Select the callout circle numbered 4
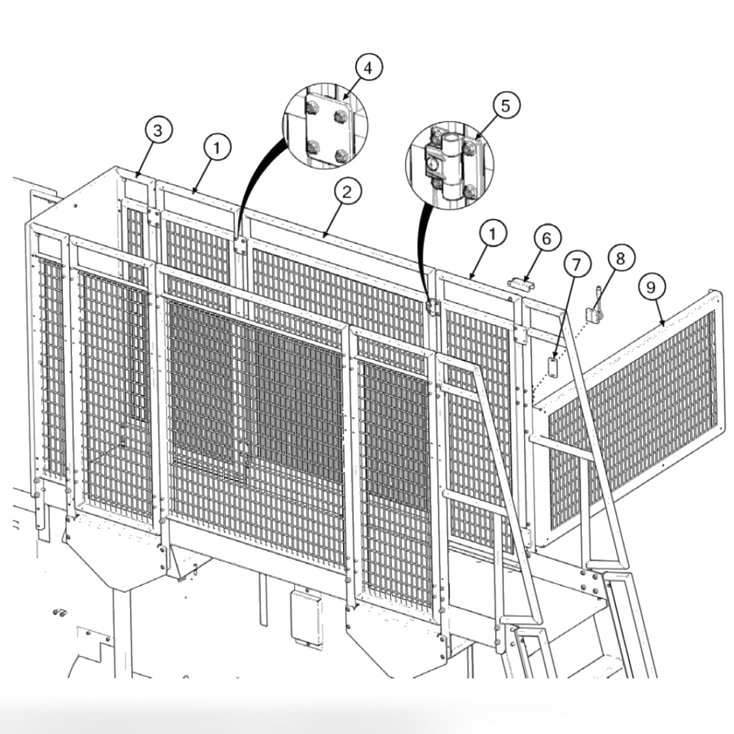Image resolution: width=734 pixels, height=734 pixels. coord(368,68)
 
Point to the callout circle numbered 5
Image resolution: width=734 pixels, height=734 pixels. coord(506,105)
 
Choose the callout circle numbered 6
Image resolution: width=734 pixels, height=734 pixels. coord(546,238)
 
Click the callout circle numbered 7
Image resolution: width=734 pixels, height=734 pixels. coord(577,264)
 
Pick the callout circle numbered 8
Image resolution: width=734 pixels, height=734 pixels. coord(620,258)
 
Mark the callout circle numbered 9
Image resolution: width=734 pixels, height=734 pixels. coord(652,285)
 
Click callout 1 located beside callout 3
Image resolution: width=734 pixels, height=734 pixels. coord(217,147)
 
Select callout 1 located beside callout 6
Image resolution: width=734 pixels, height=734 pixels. coord(493,233)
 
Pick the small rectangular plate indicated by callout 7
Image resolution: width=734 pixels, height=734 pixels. coord(552,366)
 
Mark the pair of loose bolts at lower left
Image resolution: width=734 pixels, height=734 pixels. coord(58,611)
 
